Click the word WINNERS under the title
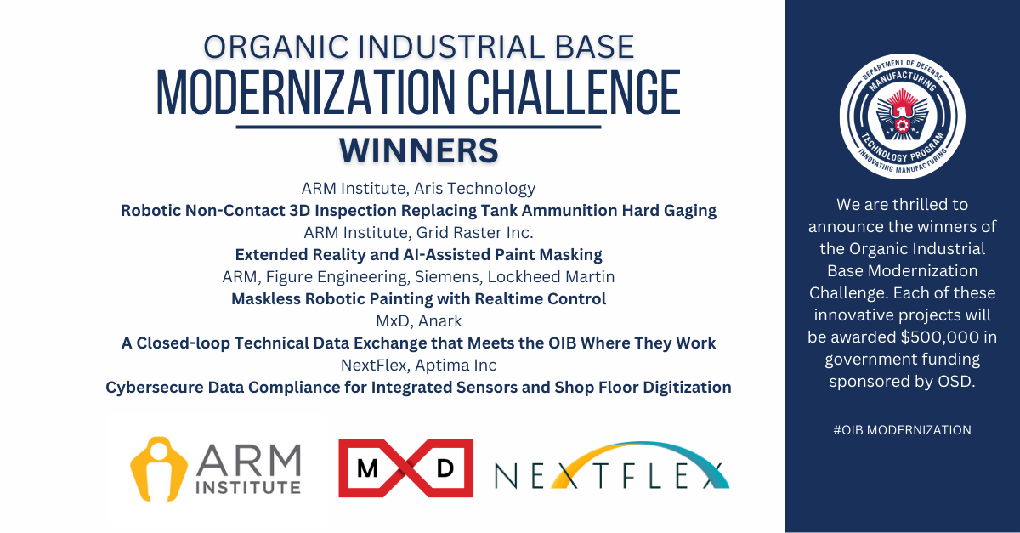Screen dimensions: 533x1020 coord(418,150)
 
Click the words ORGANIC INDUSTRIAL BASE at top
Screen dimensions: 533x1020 coord(418,46)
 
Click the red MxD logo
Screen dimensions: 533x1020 coord(405,468)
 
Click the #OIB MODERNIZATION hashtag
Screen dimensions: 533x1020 coord(902,430)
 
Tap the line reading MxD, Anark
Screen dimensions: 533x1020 coord(418,321)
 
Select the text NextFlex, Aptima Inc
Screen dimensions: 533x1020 coord(418,366)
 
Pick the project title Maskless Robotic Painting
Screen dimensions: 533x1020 coord(418,299)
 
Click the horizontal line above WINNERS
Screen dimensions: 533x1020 coord(418,128)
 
